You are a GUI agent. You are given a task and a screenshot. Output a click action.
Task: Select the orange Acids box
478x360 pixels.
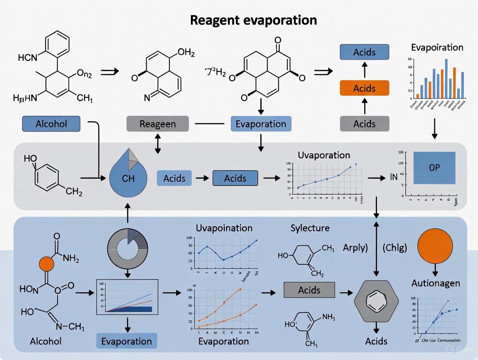point(364,88)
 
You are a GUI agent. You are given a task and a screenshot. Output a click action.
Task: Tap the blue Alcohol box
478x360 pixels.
point(51,124)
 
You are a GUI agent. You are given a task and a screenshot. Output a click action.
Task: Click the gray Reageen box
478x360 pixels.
point(158,124)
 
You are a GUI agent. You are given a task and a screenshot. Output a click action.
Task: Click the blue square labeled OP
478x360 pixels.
point(434,168)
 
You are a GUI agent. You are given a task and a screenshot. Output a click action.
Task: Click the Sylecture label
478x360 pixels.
point(310,228)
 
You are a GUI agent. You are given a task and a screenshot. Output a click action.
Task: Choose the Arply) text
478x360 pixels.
point(355,248)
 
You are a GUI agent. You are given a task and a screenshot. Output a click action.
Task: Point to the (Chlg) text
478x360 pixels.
point(395,248)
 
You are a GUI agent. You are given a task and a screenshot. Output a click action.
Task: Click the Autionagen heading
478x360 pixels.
point(435,283)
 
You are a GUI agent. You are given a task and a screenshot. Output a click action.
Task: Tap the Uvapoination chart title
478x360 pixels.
point(224,228)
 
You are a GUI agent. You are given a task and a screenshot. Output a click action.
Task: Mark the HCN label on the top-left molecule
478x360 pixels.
point(28,57)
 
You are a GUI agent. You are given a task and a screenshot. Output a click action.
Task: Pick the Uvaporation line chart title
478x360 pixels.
point(324,155)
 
